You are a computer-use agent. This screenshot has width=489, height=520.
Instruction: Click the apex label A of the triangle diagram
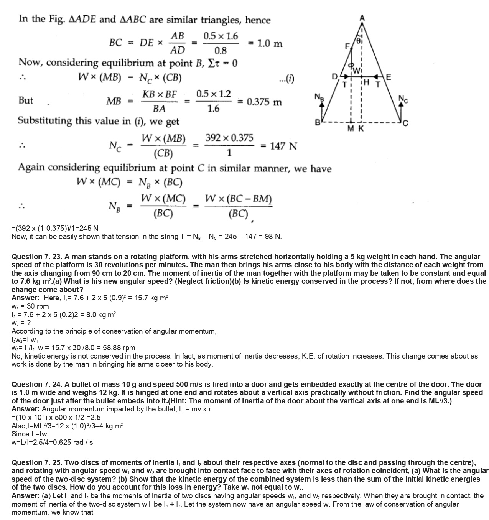coord(362,18)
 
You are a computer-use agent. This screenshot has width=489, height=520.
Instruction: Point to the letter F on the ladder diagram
coord(347,47)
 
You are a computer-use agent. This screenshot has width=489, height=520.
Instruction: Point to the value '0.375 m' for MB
coord(264,102)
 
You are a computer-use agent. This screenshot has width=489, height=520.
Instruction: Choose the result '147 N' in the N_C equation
coord(283,146)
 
